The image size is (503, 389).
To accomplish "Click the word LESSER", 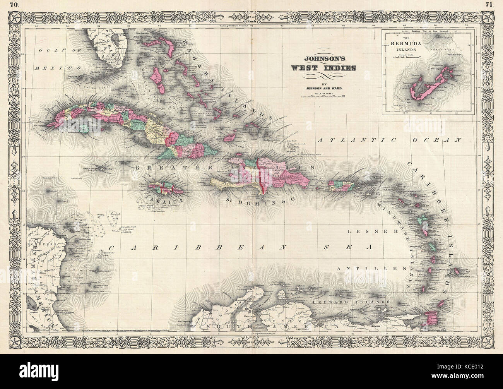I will point(371,231).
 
